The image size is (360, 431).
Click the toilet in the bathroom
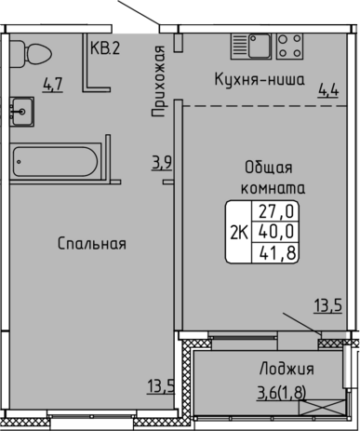click(30, 54)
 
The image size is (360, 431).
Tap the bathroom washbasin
click(21, 112)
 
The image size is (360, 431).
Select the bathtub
click(55, 161)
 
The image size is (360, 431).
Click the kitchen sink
click(251, 47)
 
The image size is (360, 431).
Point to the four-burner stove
click(289, 47)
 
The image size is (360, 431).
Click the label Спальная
click(92, 244)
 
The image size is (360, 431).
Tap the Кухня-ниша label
click(260, 80)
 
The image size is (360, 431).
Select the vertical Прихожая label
click(157, 81)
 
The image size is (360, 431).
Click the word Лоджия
click(287, 370)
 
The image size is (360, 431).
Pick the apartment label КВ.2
click(105, 48)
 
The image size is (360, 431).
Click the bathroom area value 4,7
click(53, 85)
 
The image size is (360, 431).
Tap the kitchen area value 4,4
click(328, 90)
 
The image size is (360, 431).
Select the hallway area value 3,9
click(162, 163)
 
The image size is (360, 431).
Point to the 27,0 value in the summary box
click(276, 212)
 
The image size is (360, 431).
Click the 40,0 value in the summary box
click(276, 232)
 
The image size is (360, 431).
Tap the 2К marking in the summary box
click(239, 233)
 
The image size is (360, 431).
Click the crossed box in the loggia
click(322, 407)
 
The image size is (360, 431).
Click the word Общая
click(269, 168)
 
